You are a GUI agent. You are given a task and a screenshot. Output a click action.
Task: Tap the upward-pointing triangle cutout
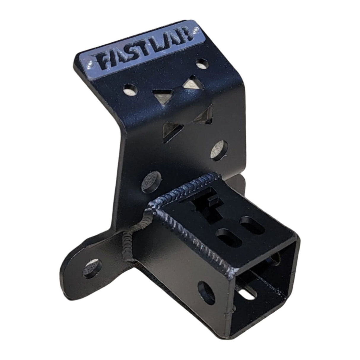click(189, 84)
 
